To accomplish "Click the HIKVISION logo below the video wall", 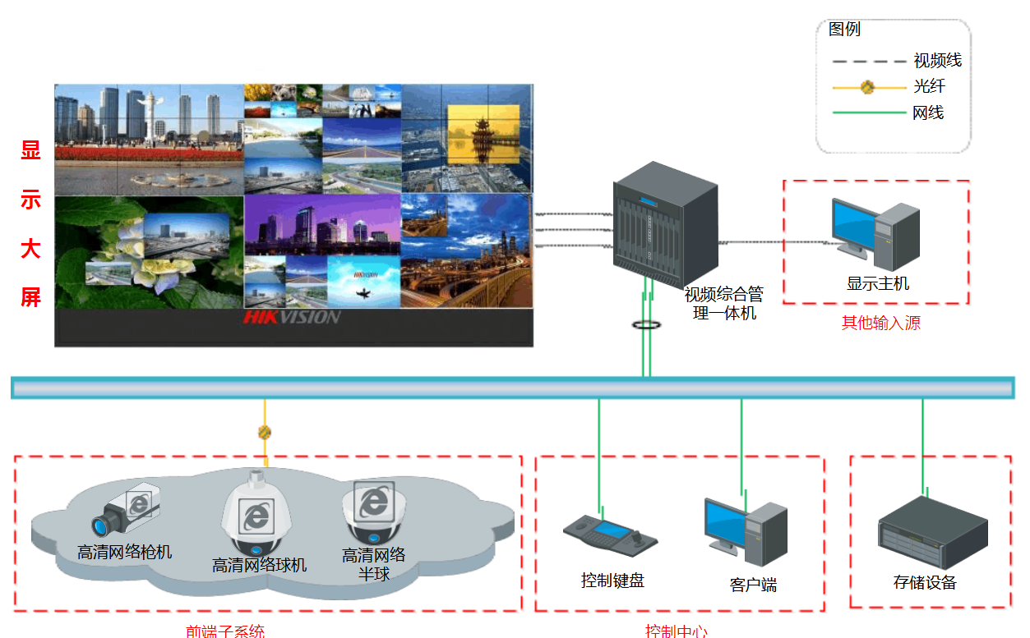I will point(292,317).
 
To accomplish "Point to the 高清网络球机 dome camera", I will point(257,513).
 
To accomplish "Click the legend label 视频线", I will point(937,61).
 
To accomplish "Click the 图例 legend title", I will point(844,30).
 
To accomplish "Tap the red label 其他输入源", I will point(880,323).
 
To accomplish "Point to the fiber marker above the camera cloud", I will point(265,432).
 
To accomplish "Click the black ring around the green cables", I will point(648,325).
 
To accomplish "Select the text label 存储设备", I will point(925,583).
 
